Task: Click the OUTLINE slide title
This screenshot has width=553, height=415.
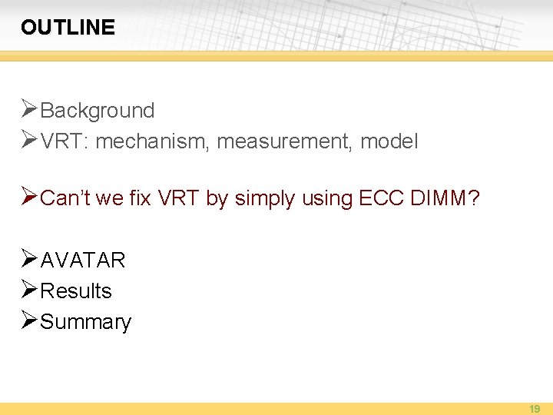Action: click(x=68, y=28)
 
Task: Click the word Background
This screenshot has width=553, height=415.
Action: click(x=97, y=111)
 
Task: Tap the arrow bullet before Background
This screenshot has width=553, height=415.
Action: click(x=29, y=109)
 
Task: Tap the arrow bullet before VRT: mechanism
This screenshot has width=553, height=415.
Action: click(x=29, y=140)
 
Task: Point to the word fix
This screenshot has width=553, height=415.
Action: click(x=141, y=198)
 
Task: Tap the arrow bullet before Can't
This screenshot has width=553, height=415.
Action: click(x=29, y=198)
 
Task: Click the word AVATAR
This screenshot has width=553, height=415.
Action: click(x=82, y=261)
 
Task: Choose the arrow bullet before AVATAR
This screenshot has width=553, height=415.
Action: click(x=29, y=259)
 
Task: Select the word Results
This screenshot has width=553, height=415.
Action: click(x=75, y=291)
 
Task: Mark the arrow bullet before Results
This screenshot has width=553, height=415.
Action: click(x=29, y=290)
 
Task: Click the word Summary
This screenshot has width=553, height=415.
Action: click(x=85, y=322)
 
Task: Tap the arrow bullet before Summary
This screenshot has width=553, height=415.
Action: click(x=29, y=320)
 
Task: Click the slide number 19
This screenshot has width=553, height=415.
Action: click(x=535, y=409)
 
